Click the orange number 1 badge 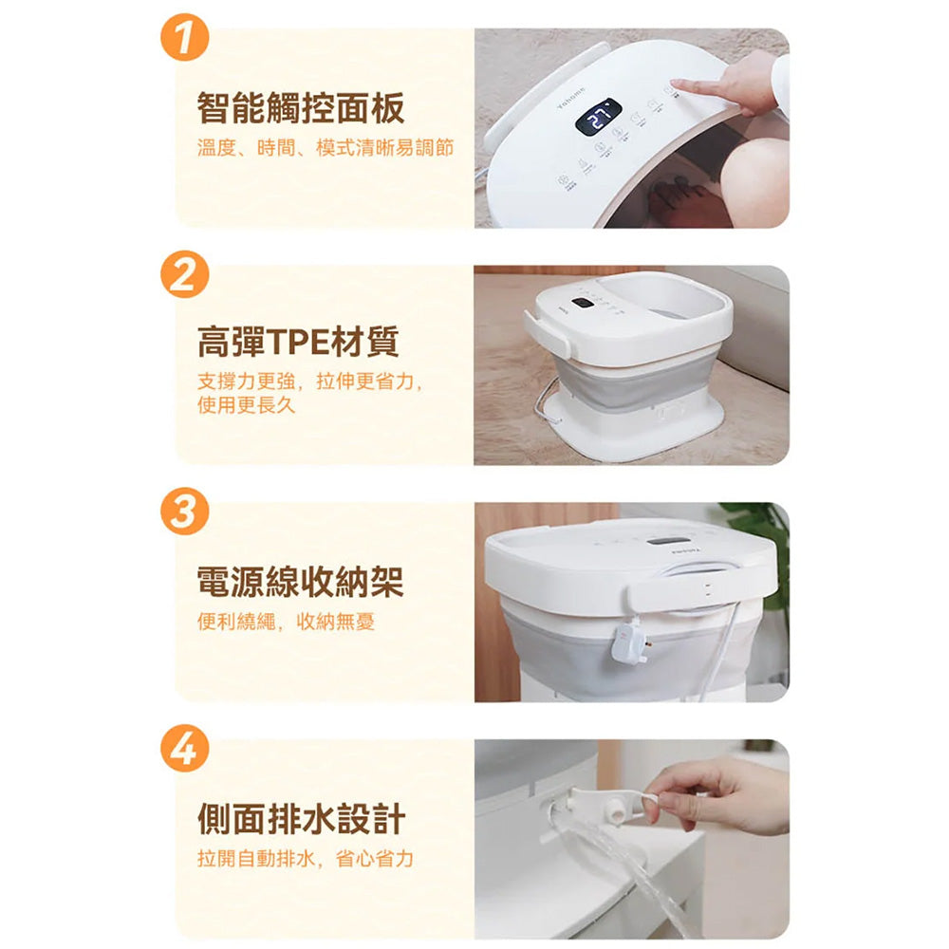[x=185, y=38]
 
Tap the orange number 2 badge [x=185, y=274]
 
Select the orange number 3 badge [x=185, y=512]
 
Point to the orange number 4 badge [x=185, y=749]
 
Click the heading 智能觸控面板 [x=301, y=108]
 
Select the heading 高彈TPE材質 [x=298, y=342]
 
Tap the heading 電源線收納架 [x=301, y=582]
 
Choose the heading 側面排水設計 [x=301, y=819]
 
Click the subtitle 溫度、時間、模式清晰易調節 [x=325, y=148]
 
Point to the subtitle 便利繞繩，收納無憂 [x=286, y=621]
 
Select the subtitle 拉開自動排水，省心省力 [x=305, y=858]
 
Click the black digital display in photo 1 [x=598, y=117]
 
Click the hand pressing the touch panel [x=735, y=83]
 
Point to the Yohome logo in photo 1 [x=570, y=99]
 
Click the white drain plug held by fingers [x=618, y=809]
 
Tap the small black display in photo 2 [x=583, y=303]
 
